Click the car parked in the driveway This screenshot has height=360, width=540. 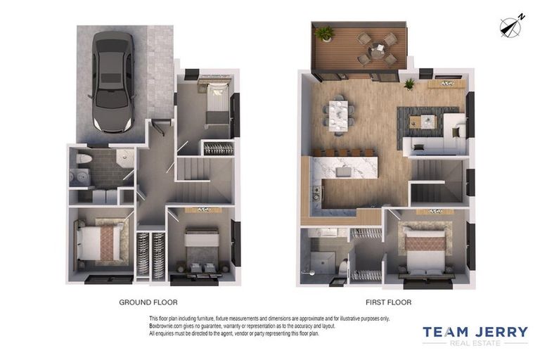(112, 81)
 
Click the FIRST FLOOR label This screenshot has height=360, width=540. (389, 302)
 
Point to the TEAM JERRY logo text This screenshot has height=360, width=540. (475, 331)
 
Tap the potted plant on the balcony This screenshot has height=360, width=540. (325, 33)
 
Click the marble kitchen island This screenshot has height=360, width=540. (345, 170)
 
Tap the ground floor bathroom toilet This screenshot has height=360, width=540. (84, 160)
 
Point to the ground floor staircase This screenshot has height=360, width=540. (202, 180)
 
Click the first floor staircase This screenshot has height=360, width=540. (437, 181)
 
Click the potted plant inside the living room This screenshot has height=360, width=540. (409, 84)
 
